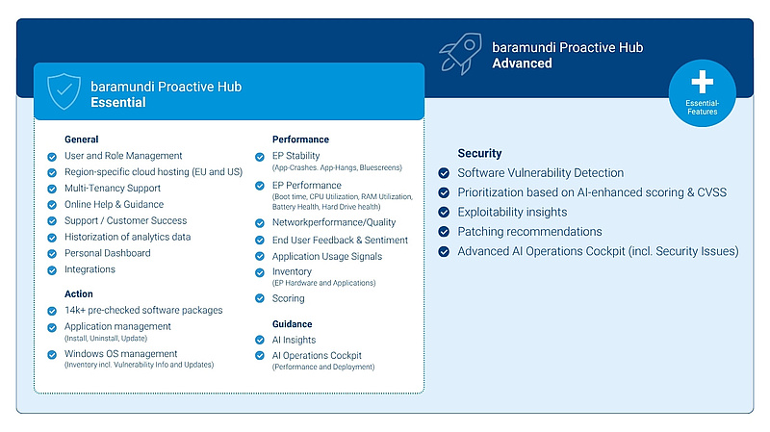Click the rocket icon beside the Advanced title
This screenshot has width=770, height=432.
tap(461, 54)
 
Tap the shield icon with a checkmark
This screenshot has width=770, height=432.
tap(64, 91)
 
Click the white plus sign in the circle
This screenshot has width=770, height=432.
tap(703, 82)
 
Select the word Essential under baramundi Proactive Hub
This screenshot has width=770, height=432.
tap(118, 102)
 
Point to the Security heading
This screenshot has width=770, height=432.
tap(479, 153)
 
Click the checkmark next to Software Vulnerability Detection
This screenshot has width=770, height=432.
tap(444, 173)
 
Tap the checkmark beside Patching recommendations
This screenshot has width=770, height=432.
tap(444, 232)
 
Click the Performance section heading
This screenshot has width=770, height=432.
tap(300, 140)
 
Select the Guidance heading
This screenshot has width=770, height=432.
tap(293, 324)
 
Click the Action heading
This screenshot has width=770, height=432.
tap(79, 293)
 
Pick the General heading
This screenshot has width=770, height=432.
tap(82, 140)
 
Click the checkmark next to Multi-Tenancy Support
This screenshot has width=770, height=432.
tap(52, 189)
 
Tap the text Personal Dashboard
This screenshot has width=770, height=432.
tap(108, 253)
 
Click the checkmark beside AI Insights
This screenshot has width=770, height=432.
tap(260, 340)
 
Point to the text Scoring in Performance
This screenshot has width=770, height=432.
tap(288, 298)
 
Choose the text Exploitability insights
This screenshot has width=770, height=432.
tap(512, 212)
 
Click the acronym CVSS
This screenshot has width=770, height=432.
tap(712, 192)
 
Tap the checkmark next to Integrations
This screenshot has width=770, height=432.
tap(52, 270)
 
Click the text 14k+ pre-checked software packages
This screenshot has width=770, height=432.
tap(143, 310)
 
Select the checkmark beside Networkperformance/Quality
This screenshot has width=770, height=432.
tap(260, 223)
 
